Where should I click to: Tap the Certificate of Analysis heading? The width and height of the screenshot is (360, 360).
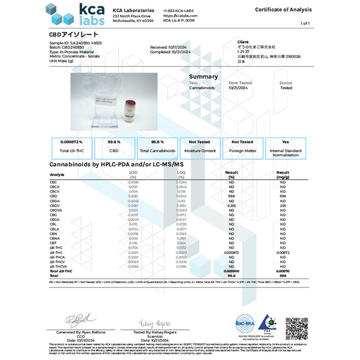[x=283, y=10]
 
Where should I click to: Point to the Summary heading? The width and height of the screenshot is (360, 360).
[x=203, y=76]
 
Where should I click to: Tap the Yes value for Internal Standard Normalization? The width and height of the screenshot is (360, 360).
[x=286, y=142]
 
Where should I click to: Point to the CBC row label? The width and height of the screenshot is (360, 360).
[x=53, y=182]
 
